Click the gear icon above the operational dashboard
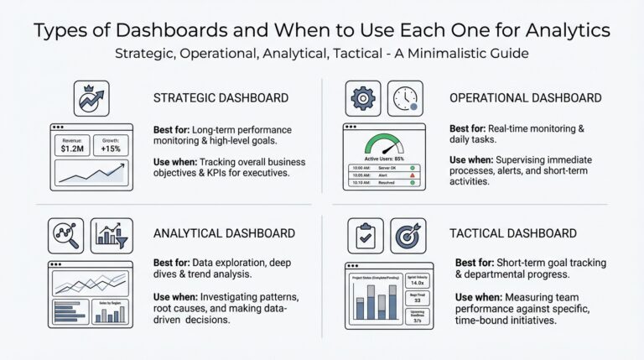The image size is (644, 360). pyautogui.click(x=363, y=98)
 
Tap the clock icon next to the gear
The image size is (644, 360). pyautogui.click(x=406, y=98)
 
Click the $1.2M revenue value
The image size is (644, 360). pyautogui.click(x=70, y=149)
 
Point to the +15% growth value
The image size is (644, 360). pyautogui.click(x=111, y=149)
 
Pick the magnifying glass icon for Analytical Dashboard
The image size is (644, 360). pyautogui.click(x=65, y=236)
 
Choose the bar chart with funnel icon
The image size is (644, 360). pyautogui.click(x=111, y=236)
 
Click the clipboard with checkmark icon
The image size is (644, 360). pyautogui.click(x=365, y=236)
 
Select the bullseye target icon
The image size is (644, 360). pyautogui.click(x=408, y=236)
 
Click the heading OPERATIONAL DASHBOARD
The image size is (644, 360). pyautogui.click(x=525, y=98)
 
